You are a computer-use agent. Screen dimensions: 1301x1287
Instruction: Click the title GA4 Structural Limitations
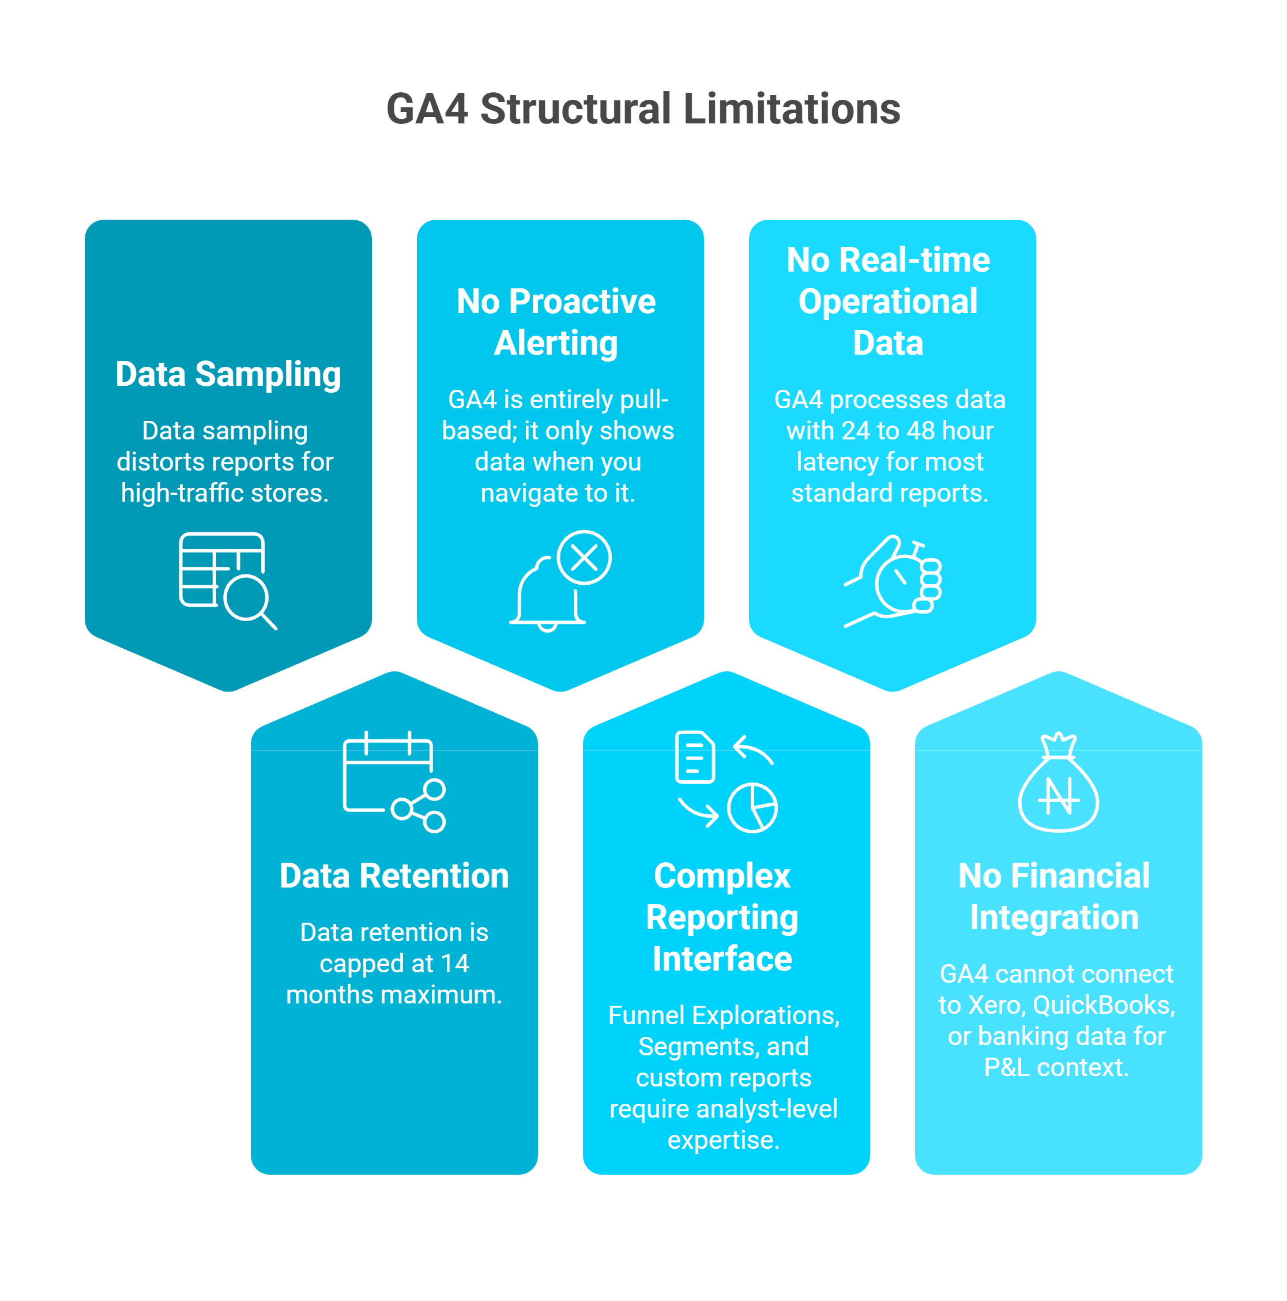tap(643, 109)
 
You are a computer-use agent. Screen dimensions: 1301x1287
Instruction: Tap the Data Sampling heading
tap(228, 374)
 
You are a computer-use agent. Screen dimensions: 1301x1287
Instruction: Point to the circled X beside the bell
tap(584, 558)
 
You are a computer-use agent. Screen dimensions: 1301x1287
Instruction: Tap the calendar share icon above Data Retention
tap(393, 781)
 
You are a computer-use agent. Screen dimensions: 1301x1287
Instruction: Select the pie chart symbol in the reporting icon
tap(752, 807)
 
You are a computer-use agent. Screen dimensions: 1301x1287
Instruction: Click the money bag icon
tap(1058, 784)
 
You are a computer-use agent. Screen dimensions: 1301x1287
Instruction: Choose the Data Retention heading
tap(394, 876)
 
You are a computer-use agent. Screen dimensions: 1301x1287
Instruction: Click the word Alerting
tap(556, 344)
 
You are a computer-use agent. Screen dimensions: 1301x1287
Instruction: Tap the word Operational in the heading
tap(887, 302)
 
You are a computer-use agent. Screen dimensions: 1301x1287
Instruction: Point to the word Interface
tap(722, 959)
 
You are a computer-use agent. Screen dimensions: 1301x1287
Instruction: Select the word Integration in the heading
tap(1054, 918)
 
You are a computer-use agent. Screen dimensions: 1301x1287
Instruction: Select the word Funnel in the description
tap(646, 1016)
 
